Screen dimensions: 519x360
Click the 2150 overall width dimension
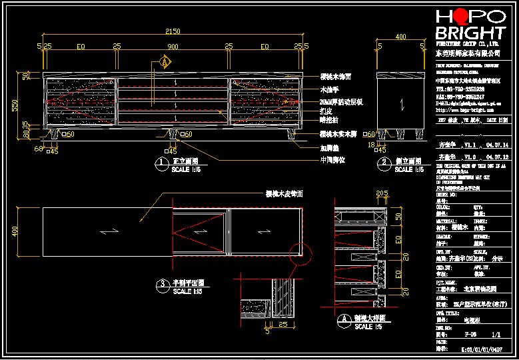[x=173, y=31]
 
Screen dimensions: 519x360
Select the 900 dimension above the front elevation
[x=173, y=47]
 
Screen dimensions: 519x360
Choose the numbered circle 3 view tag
[x=161, y=285]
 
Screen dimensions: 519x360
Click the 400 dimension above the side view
[x=401, y=37]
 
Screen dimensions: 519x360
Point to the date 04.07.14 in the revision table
[x=496, y=144]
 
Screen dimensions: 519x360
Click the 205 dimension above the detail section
[x=382, y=194]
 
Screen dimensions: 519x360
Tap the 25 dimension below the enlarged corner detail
[x=282, y=324]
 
